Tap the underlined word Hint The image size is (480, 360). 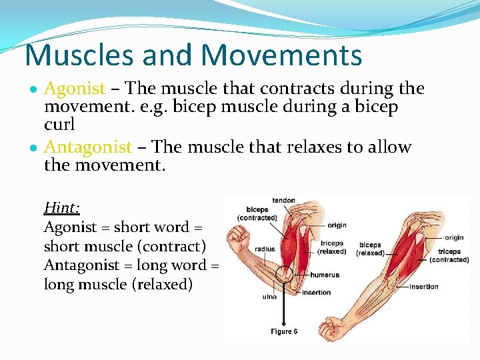pos(61,208)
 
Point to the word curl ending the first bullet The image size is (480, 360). pos(59,125)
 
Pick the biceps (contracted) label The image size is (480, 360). pos(257,213)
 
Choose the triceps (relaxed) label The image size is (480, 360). pos(332,247)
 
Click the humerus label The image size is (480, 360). pos(325,275)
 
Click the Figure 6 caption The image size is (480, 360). pos(284,331)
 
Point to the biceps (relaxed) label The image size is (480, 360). pos(370,249)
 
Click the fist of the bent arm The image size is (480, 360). pos(239,237)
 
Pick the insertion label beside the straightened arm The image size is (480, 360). pos(424,287)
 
